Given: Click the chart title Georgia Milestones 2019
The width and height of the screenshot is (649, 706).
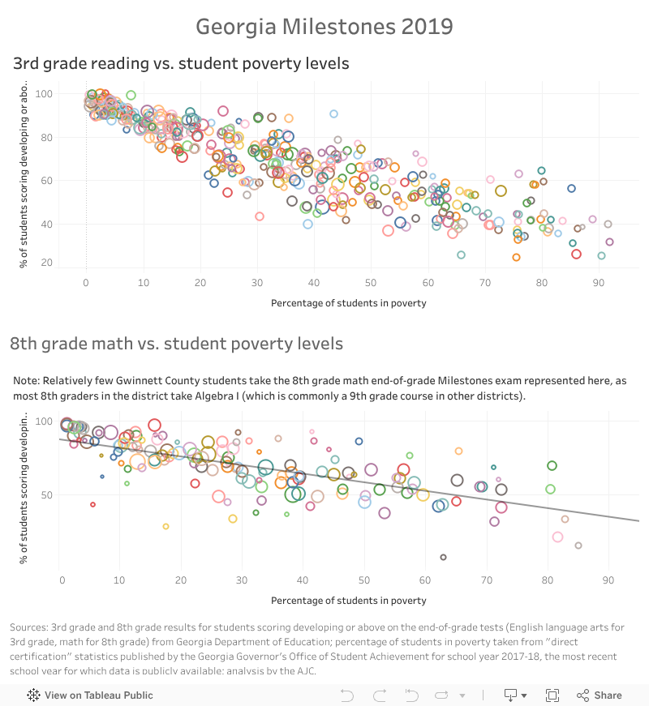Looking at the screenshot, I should click(324, 27).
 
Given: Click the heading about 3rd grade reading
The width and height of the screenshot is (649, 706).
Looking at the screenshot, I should click(181, 62).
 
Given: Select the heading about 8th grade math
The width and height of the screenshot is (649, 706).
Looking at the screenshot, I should click(176, 344).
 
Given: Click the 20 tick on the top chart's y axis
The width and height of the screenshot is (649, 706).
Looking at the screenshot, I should click(70, 263).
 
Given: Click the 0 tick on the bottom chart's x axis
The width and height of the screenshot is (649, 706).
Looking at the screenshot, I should click(62, 580).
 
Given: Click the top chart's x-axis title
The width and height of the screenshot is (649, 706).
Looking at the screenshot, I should click(348, 303).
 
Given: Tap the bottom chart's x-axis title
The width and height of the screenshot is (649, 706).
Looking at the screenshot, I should click(348, 601).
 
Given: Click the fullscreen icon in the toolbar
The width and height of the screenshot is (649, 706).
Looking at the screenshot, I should click(552, 695).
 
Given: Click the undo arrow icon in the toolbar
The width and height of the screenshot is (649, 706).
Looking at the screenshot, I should click(347, 695).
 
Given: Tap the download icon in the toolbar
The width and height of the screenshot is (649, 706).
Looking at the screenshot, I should click(510, 695).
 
